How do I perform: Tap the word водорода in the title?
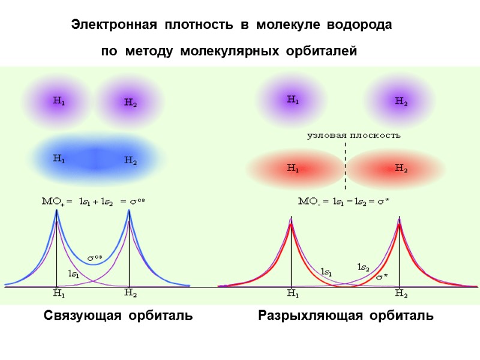tap(364, 25)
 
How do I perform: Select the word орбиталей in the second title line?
tap(323, 52)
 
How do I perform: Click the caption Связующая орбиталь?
tap(118, 316)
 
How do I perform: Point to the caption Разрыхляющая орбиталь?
tap(346, 316)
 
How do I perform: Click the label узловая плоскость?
tap(354, 135)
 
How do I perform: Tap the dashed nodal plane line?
tap(346, 165)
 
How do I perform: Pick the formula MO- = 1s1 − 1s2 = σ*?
tap(344, 202)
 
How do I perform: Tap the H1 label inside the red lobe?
tap(293, 168)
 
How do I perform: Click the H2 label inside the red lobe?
tap(401, 168)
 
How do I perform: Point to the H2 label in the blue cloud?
tap(131, 160)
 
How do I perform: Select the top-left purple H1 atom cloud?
tap(58, 101)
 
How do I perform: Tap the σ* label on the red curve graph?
tap(382, 277)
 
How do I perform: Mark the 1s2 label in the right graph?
tap(363, 266)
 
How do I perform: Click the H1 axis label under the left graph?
tap(59, 294)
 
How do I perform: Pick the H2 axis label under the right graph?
tap(401, 294)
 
